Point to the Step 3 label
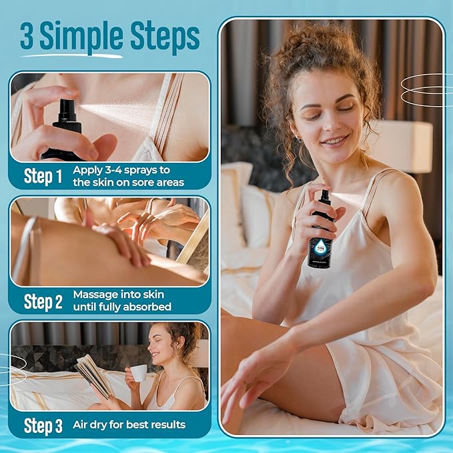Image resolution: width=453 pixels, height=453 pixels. coord(43,425)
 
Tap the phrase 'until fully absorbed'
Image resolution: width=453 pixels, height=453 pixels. coord(122,307)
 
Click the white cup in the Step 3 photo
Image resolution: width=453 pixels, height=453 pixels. coord(138,373)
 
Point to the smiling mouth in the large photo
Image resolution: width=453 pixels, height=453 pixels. coord(334,141)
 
